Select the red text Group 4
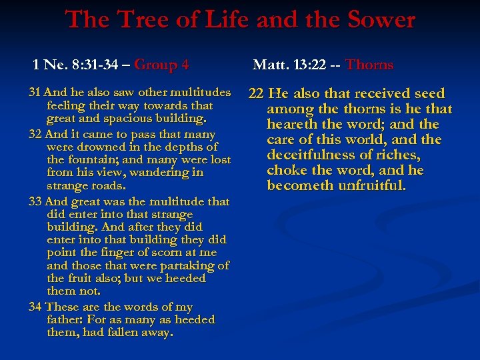click(161, 65)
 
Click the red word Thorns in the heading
click(369, 65)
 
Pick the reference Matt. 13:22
click(287, 65)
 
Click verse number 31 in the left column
click(35, 92)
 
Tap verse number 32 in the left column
click(35, 134)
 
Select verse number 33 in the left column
click(35, 201)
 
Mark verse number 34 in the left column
click(35, 307)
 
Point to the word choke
click(285, 171)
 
